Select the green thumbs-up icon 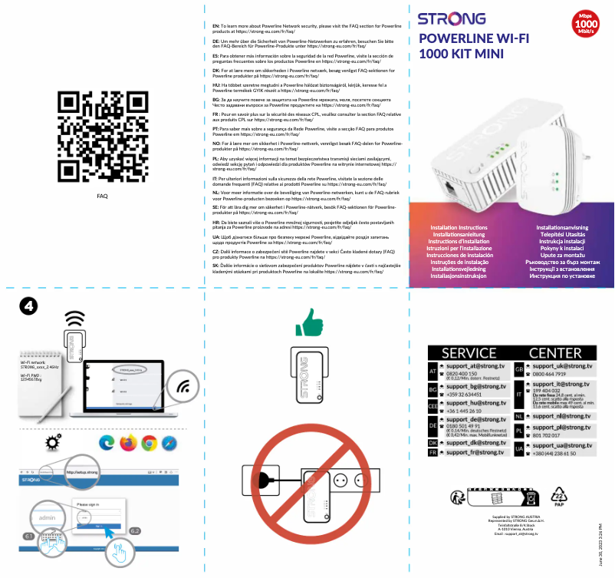308,324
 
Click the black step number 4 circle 28,306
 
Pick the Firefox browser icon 127,443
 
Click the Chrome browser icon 149,443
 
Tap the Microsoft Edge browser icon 107,443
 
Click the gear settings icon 53,442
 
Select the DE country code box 433,425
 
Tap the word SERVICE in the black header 469,352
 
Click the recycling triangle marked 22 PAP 559,496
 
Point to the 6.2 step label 135,531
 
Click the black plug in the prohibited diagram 265,482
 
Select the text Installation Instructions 459,228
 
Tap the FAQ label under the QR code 102,196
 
